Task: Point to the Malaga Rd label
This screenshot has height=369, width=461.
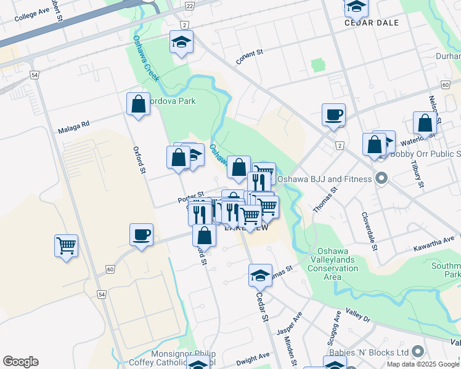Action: pyautogui.click(x=74, y=127)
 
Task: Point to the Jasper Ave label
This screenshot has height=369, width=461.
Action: pyautogui.click(x=289, y=323)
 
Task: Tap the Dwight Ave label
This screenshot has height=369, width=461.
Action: pyautogui.click(x=253, y=356)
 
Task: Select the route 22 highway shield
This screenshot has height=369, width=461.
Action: pyautogui.click(x=189, y=6)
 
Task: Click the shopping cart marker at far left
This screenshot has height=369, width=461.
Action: pyautogui.click(x=66, y=245)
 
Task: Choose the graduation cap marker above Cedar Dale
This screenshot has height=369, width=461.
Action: pyautogui.click(x=356, y=6)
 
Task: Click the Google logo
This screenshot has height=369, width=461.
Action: pyautogui.click(x=20, y=362)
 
